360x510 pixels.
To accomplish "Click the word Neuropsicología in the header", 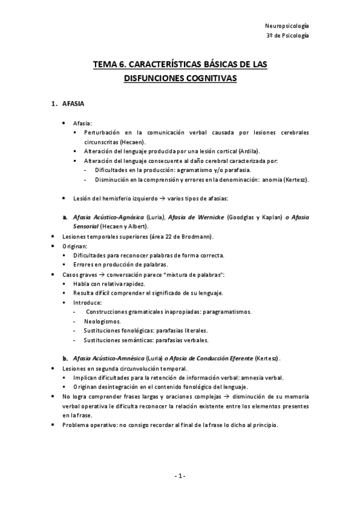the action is pyautogui.click(x=287, y=26).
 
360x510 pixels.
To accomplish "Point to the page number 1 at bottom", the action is pyautogui.click(x=180, y=476).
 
